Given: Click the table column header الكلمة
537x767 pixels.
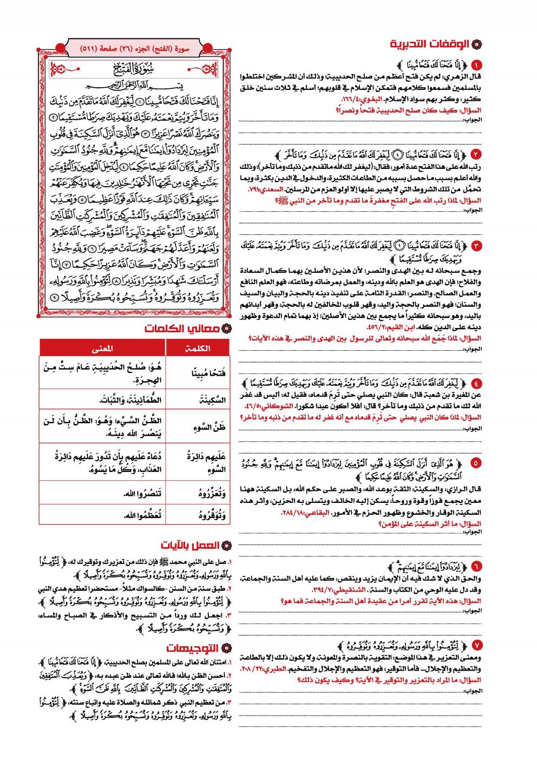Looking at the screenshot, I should click(198, 348).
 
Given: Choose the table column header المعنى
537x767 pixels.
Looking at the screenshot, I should click(103, 348).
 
